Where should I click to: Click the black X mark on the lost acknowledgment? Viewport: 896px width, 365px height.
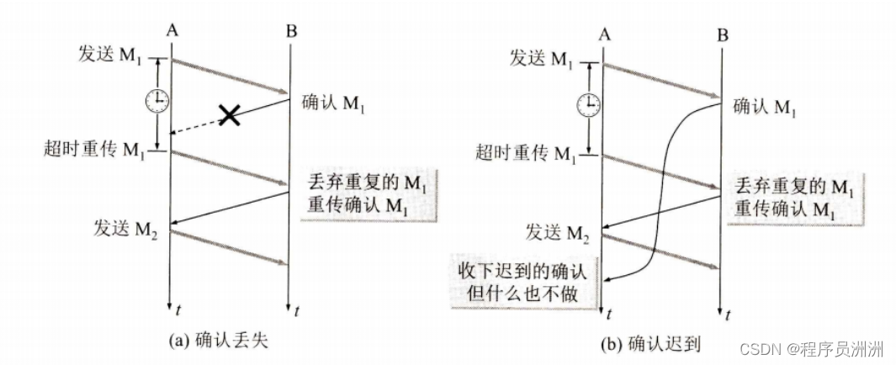[227, 115]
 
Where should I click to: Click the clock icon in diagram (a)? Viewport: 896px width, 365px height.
[156, 100]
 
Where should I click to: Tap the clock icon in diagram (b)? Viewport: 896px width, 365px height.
[588, 103]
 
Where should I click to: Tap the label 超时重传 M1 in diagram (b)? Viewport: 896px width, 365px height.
[527, 154]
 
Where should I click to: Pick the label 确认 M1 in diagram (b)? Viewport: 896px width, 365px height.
[764, 107]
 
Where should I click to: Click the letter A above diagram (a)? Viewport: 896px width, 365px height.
[172, 31]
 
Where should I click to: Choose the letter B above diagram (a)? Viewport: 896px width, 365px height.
[290, 32]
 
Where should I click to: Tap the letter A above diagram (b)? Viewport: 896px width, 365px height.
[604, 34]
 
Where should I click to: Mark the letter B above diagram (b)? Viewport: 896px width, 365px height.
[723, 35]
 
